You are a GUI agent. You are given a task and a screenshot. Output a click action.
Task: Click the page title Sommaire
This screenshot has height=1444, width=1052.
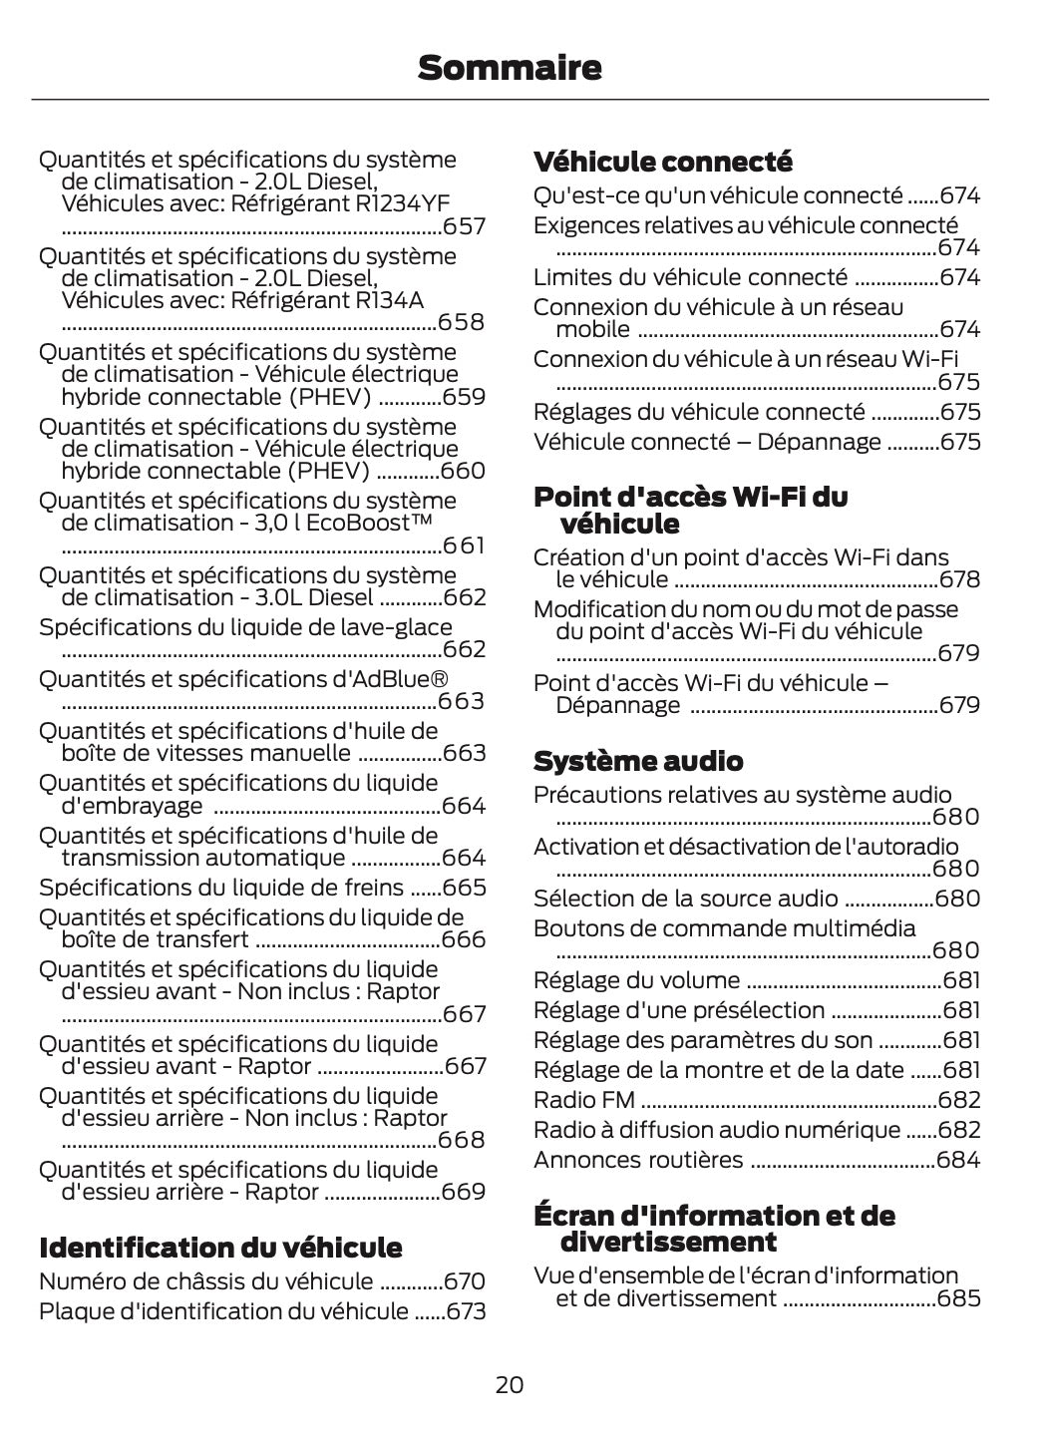pyautogui.click(x=510, y=69)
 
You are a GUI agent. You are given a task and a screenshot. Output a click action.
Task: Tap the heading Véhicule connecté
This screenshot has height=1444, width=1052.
pyautogui.click(x=663, y=162)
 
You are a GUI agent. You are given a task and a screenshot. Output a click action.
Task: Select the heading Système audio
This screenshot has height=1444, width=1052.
pyautogui.click(x=638, y=762)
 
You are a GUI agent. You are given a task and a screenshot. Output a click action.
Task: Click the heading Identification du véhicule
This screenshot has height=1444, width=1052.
pyautogui.click(x=220, y=1248)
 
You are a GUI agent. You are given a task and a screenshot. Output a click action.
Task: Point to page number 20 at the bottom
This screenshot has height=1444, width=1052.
pyautogui.click(x=509, y=1384)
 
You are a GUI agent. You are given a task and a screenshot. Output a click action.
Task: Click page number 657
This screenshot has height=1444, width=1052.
pyautogui.click(x=464, y=226)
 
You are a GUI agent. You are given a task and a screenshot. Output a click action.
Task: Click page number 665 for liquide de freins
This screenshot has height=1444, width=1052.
pyautogui.click(x=464, y=888)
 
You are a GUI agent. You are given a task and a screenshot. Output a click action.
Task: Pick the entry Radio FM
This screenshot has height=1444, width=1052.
pyautogui.click(x=583, y=1100)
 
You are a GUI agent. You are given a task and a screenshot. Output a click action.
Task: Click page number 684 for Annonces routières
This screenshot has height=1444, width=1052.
pyautogui.click(x=958, y=1160)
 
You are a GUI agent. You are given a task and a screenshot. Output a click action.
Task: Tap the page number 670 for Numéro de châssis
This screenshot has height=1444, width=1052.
pyautogui.click(x=464, y=1281)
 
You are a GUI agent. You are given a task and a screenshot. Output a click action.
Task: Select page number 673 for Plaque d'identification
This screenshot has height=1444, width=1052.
pyautogui.click(x=466, y=1311)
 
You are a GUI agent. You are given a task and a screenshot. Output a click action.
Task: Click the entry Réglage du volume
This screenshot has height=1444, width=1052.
pyautogui.click(x=636, y=980)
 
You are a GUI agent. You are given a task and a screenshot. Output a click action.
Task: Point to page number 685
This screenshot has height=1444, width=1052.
pyautogui.click(x=958, y=1298)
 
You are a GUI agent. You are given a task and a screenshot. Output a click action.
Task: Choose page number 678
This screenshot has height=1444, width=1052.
pyautogui.click(x=960, y=579)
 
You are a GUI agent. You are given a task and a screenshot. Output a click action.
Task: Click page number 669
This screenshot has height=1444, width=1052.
pyautogui.click(x=464, y=1192)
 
